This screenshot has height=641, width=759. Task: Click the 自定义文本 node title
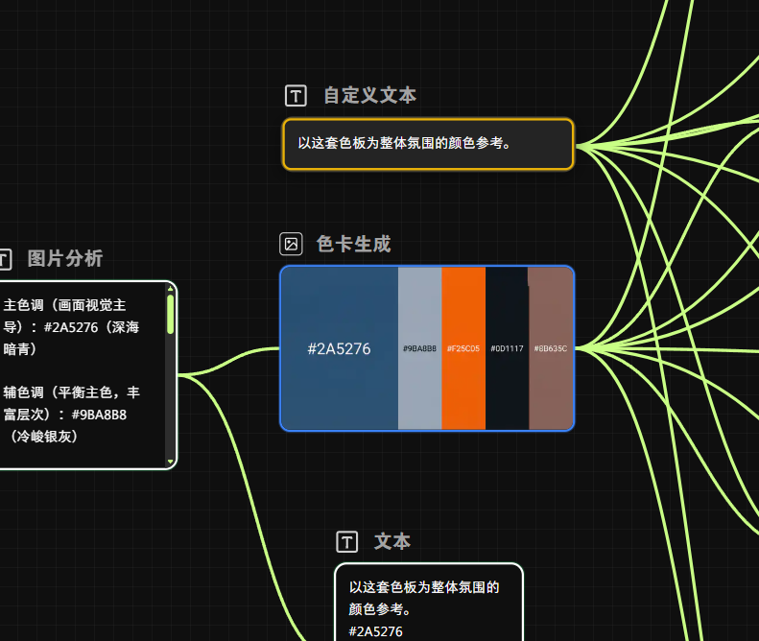point(369,95)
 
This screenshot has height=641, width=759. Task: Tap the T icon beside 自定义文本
point(296,95)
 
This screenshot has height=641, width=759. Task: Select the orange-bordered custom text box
point(428,144)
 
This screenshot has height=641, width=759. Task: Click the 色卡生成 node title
point(353,244)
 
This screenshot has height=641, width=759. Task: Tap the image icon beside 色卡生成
point(291,244)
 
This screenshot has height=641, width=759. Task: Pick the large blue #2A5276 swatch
point(339,348)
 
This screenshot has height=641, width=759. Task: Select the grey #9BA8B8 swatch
point(419,348)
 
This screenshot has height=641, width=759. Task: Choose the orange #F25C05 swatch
point(463,348)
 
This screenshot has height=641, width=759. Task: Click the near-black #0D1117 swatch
point(507,348)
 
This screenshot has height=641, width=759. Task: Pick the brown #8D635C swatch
point(551,348)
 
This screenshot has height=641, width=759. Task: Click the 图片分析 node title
point(65,258)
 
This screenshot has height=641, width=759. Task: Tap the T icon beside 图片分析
point(5,258)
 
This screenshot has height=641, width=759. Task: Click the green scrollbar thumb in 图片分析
point(171,313)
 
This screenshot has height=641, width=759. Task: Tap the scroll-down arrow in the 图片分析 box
point(171,462)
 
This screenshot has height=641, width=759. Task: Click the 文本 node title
point(392,542)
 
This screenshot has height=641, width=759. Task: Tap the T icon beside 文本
point(347,542)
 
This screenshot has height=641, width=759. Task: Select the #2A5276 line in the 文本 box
point(376,630)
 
